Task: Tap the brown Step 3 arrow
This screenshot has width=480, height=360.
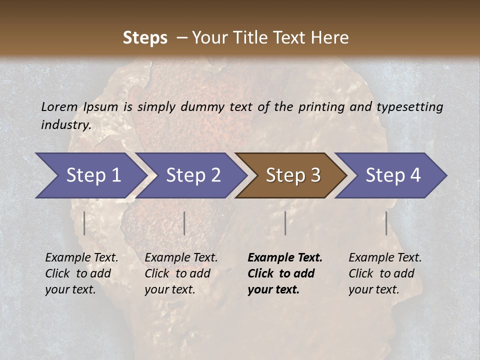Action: pyautogui.click(x=293, y=175)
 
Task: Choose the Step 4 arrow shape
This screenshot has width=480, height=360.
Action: pyautogui.click(x=393, y=175)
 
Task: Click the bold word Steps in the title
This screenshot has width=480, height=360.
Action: pyautogui.click(x=145, y=38)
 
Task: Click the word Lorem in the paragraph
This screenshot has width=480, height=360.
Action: pyautogui.click(x=59, y=106)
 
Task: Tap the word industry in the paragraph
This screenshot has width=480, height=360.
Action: pyautogui.click(x=66, y=124)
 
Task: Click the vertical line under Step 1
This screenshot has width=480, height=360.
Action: pyautogui.click(x=84, y=223)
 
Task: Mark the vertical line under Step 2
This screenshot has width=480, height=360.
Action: pyautogui.click(x=184, y=223)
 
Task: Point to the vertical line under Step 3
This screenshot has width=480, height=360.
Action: pyautogui.click(x=285, y=223)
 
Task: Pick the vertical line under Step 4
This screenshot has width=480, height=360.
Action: pyautogui.click(x=386, y=223)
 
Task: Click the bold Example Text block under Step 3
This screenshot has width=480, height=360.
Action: pyautogui.click(x=285, y=273)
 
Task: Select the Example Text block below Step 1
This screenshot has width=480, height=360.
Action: pyautogui.click(x=81, y=273)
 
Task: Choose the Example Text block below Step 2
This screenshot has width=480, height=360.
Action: pyautogui.click(x=181, y=273)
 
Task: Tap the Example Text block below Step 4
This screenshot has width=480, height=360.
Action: pyautogui.click(x=385, y=273)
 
